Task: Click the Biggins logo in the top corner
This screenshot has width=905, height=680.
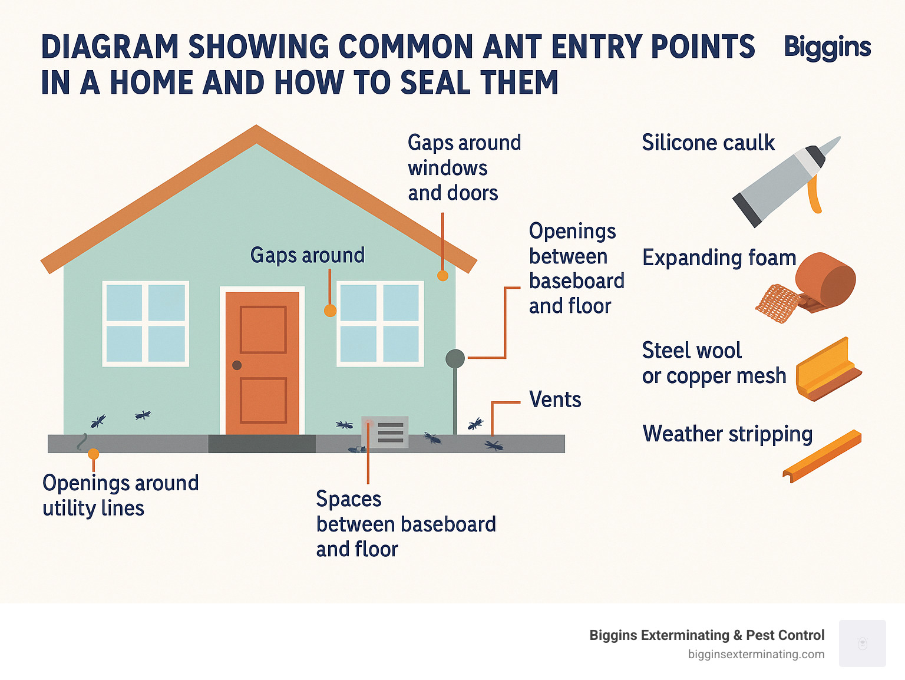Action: tap(827, 47)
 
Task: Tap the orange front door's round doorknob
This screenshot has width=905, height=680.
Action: tap(237, 365)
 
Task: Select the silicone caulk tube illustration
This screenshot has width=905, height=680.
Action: tap(784, 180)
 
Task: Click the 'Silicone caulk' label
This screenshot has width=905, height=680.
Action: tap(708, 143)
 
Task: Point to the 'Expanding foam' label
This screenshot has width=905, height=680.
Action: tap(719, 258)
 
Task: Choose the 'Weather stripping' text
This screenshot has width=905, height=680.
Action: tap(728, 434)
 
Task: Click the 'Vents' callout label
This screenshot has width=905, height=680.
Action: tap(554, 400)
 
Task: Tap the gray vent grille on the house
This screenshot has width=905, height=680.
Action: tap(389, 433)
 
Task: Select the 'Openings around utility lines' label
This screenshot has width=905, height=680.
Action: tap(120, 495)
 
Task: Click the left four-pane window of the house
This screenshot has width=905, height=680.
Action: tap(146, 324)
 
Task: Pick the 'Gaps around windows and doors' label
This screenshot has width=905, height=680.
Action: tap(464, 168)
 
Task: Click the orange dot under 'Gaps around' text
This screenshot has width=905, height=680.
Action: tap(331, 311)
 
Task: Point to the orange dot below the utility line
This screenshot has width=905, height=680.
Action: tap(93, 454)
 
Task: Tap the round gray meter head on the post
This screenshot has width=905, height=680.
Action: tap(455, 358)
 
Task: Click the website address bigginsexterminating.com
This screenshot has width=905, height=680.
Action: tap(756, 654)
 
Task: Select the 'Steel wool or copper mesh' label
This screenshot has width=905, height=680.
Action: tap(714, 363)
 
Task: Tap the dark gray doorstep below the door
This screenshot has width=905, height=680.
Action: tap(262, 444)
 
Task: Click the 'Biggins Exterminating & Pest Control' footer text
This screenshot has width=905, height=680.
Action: tap(706, 635)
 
